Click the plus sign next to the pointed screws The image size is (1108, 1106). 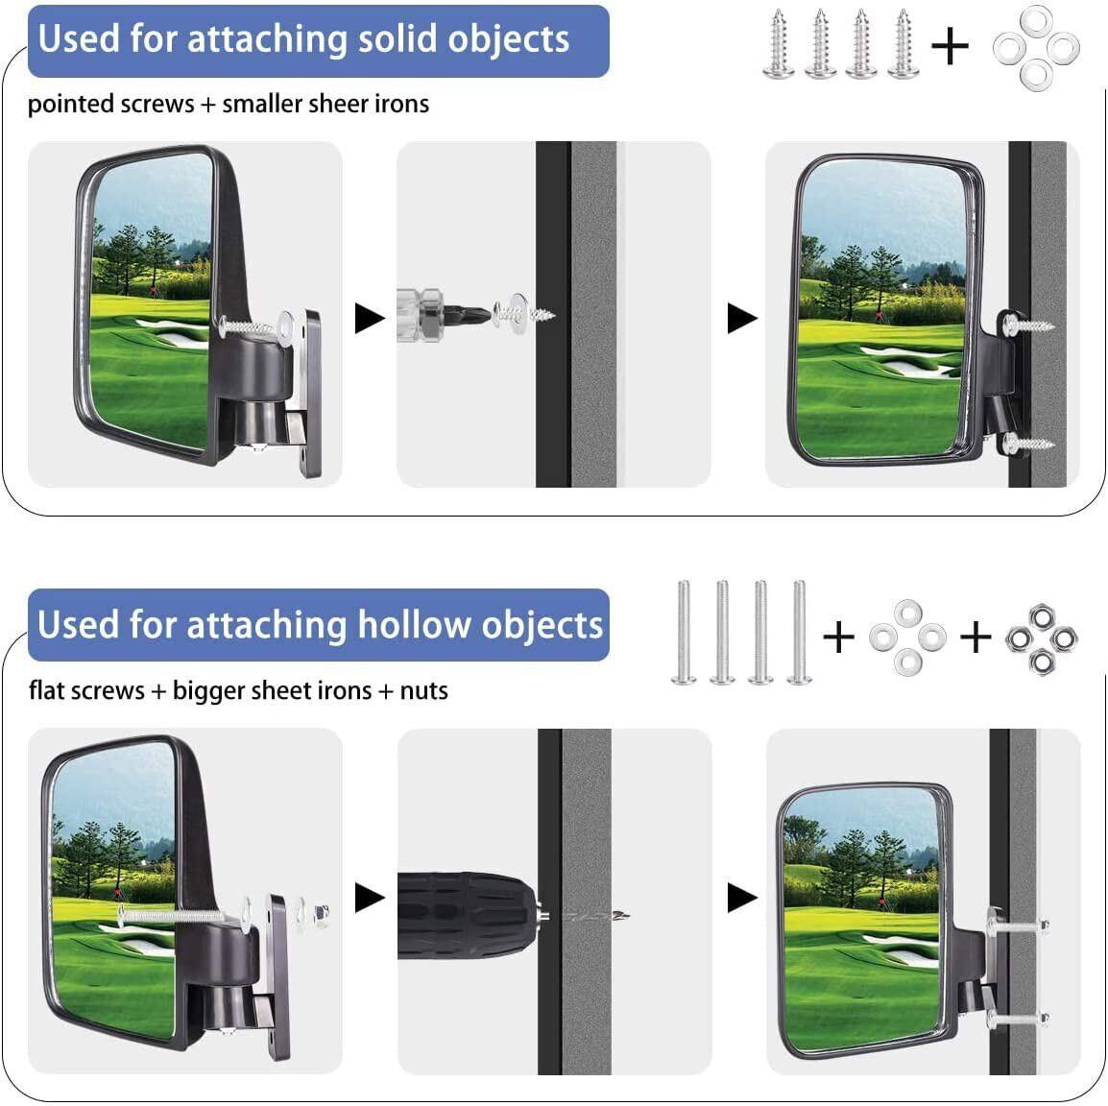pos(950,46)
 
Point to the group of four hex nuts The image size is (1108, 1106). pos(1042,637)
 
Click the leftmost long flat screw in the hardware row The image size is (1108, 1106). pos(684,634)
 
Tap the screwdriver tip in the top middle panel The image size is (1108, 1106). pos(477,313)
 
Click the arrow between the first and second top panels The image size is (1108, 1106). pos(370,318)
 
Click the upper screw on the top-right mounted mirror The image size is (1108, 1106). pos(1028,325)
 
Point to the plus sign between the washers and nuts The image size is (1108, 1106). pos(976,636)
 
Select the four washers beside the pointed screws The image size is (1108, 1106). pos(1036,46)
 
